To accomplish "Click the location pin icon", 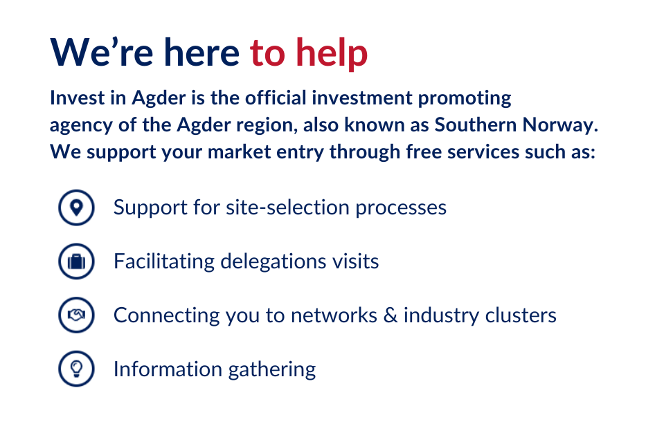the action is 76,208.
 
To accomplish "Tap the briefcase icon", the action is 76,261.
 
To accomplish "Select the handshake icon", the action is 76,315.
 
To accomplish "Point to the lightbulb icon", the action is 76,369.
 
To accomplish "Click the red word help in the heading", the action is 332,53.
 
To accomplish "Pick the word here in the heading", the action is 201,53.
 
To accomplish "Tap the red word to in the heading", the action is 267,53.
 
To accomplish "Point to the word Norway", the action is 560,125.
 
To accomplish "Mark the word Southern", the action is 476,125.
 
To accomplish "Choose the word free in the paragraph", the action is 424,151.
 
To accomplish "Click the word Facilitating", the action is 164,261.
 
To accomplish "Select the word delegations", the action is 273,261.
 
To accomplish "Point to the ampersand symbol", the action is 390,315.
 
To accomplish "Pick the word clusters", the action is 521,315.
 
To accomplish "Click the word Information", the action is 168,369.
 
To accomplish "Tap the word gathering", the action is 272,369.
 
